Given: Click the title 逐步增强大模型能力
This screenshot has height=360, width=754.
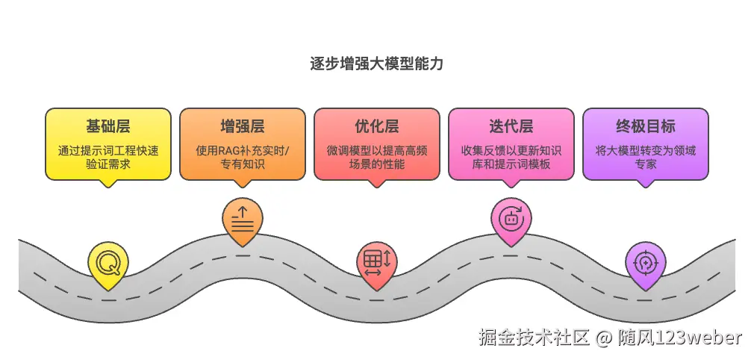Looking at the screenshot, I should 376,63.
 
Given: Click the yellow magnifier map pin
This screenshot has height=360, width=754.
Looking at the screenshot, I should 108,263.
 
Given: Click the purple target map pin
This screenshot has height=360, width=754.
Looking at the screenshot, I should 645,263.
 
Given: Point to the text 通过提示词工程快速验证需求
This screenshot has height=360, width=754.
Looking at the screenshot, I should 108,157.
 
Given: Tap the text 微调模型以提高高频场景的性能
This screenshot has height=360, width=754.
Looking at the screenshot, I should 376,157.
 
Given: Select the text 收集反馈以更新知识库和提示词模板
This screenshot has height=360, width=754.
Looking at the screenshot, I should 511,157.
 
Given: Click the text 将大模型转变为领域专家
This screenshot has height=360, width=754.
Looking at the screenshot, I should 645,157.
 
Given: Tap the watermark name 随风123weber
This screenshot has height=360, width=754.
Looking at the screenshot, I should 680,338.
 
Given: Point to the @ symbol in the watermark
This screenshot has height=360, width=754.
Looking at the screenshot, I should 604,338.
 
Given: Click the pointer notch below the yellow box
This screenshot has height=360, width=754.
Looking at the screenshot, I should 108,183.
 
